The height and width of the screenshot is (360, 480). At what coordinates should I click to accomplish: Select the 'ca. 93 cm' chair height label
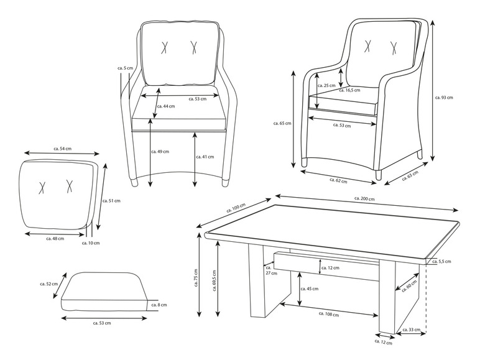[x=445, y=98]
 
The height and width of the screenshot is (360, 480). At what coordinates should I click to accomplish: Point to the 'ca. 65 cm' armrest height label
[x=282, y=124]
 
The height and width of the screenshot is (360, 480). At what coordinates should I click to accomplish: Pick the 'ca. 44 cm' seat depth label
[x=166, y=106]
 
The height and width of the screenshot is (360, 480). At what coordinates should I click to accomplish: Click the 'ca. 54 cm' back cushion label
[x=62, y=149]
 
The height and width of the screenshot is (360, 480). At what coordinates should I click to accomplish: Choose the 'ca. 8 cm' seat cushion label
[x=160, y=305]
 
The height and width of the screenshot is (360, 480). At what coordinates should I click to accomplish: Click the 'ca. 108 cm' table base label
[x=328, y=315]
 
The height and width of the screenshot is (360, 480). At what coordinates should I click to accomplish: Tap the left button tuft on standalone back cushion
[x=42, y=187]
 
